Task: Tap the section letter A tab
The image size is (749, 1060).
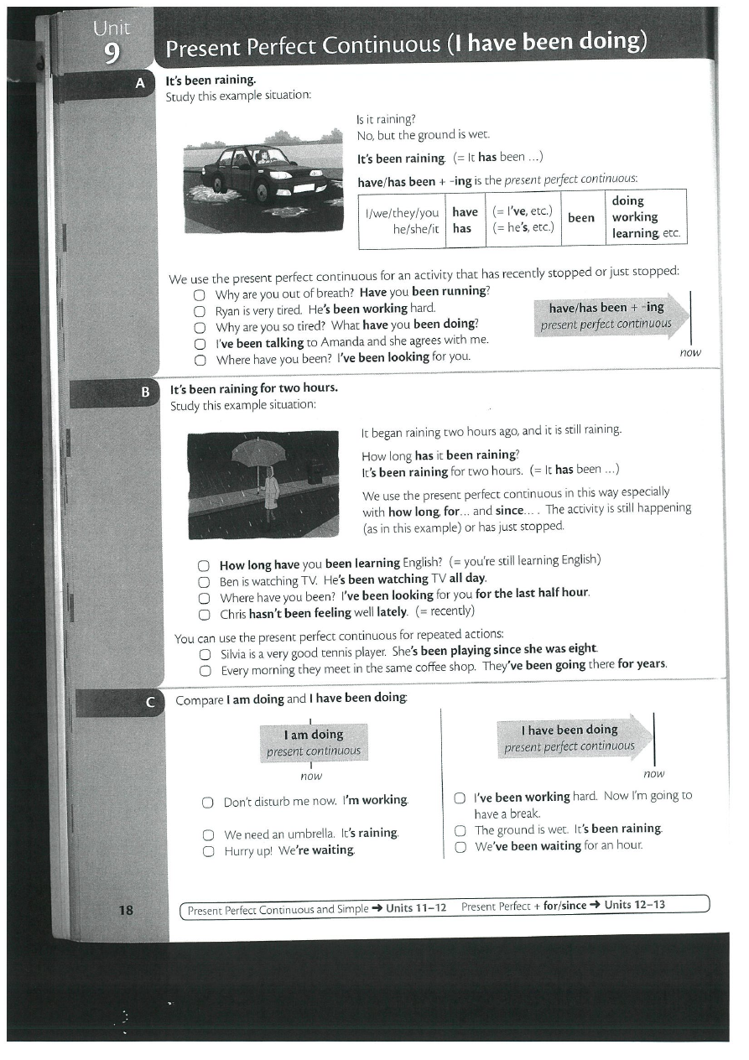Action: click(x=140, y=83)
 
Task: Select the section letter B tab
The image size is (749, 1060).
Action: click(x=144, y=392)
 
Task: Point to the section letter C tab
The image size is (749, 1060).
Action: click(x=150, y=703)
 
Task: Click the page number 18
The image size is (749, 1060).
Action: click(x=126, y=910)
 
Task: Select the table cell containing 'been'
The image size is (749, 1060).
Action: click(x=581, y=218)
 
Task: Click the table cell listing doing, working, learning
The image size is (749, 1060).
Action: click(x=646, y=217)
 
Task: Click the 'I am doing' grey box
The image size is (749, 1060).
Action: click(x=314, y=742)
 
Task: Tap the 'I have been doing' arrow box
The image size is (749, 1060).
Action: click(x=575, y=737)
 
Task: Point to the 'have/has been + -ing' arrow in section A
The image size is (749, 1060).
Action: click(x=608, y=315)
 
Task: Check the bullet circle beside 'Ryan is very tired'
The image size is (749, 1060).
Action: click(x=200, y=310)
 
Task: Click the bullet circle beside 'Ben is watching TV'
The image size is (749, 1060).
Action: click(x=203, y=580)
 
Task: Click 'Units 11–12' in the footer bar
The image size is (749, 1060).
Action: click(x=416, y=907)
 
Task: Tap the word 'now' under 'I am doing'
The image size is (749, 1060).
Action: click(x=311, y=777)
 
